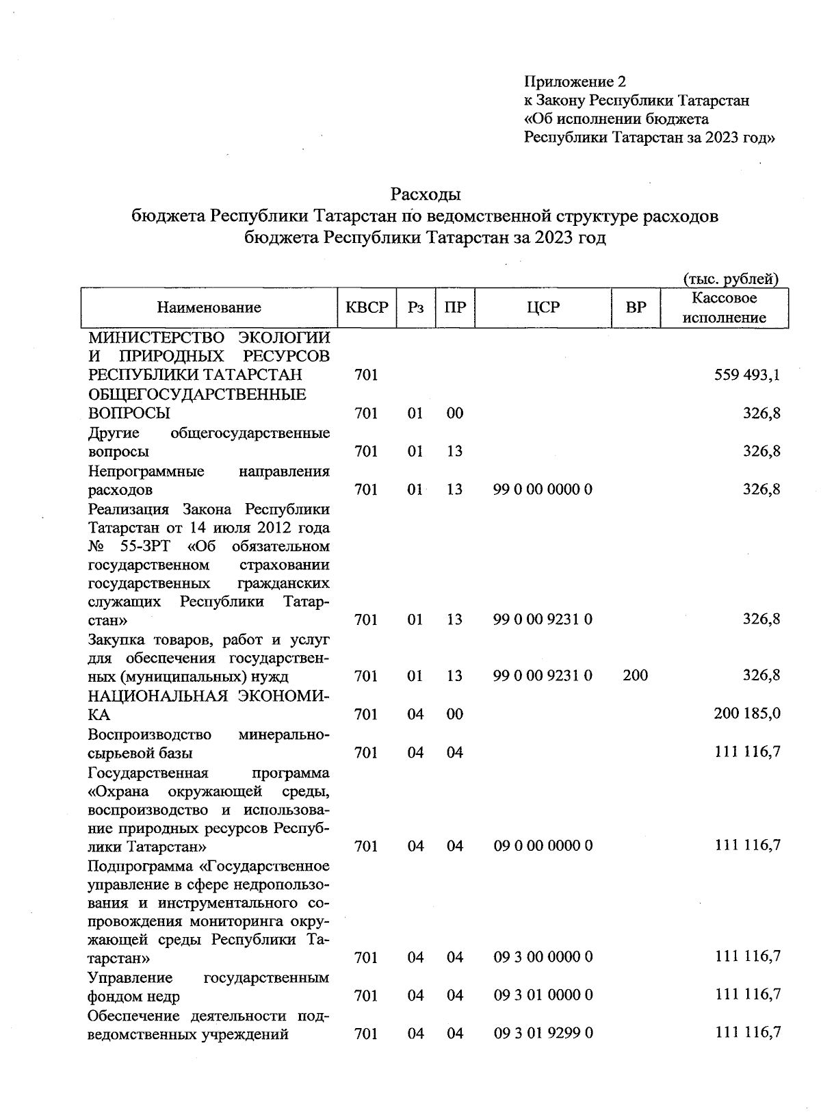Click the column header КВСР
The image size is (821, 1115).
pos(366,308)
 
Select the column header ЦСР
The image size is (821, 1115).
pos(543,308)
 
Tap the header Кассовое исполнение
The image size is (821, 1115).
pos(724,308)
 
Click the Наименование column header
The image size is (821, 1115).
pos(209,308)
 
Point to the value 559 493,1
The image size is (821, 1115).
pos(747,375)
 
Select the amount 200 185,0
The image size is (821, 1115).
pos(747,714)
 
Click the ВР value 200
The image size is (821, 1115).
pos(636,676)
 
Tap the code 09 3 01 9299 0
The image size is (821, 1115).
pos(543,1033)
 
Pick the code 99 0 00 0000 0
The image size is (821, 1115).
pos(543,489)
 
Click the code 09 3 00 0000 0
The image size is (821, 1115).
pos(543,957)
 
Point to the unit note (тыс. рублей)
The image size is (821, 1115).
pos(731,279)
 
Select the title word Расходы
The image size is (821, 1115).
pos(425,195)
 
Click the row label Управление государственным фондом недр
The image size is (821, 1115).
pos(209,986)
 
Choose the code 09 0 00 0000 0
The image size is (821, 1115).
pos(543,846)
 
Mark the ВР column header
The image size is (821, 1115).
pos(636,308)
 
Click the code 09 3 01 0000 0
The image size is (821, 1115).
pos(543,995)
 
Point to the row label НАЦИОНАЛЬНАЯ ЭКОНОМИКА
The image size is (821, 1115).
pos(209,705)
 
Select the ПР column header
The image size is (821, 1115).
pos(454,308)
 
